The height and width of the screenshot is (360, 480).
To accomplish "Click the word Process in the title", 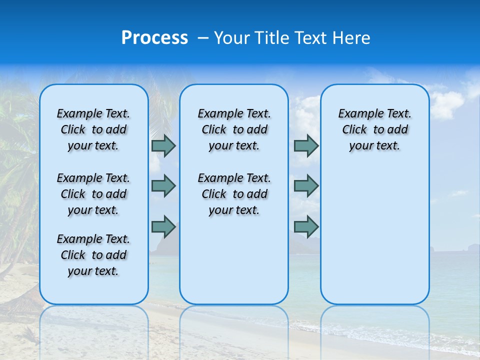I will tap(154, 37).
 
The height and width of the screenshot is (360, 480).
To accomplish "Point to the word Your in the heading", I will tap(232, 37).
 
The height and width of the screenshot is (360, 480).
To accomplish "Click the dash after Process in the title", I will tap(203, 38).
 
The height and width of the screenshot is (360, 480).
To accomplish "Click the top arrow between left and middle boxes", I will tap(163, 145).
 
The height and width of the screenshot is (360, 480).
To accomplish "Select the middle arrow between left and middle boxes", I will tap(163, 186).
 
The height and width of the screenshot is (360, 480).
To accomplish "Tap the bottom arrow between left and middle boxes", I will tap(163, 226).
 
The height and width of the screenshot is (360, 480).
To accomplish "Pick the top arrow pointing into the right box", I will tap(306, 145).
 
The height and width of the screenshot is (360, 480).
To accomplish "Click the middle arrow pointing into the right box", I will tap(306, 186).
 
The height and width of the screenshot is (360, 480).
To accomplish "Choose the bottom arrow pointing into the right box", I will tap(306, 226).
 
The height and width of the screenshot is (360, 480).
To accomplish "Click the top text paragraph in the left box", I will tap(93, 129).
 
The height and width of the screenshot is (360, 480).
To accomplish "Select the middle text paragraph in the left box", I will tap(93, 194).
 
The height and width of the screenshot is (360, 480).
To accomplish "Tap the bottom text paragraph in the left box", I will tap(93, 255).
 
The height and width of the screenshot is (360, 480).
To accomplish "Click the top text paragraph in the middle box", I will tap(234, 129).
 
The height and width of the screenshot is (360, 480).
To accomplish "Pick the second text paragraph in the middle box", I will tap(234, 194).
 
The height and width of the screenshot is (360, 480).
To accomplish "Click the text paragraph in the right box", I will tap(374, 129).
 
